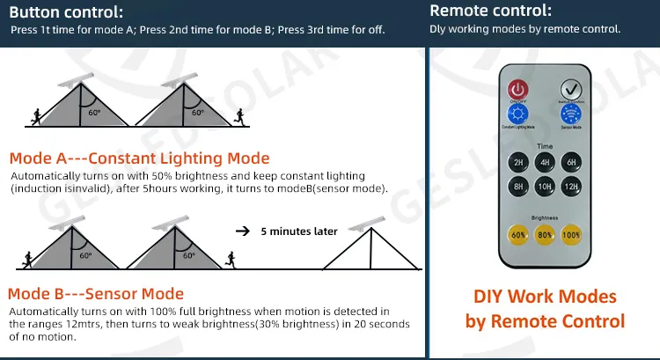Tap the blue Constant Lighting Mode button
[517, 114]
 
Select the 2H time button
[519, 162]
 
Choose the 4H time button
[546, 162]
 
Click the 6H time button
[571, 162]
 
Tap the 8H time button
[519, 187]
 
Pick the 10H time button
[546, 187]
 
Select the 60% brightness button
[519, 235]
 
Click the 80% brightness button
[546, 235]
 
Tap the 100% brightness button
[571, 235]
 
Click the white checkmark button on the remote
[572, 89]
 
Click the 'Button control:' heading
[61, 12]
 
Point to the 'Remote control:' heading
[490, 11]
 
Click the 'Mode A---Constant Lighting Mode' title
[139, 158]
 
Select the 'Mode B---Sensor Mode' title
[96, 294]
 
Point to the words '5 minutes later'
[299, 231]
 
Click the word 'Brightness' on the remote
[545, 217]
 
